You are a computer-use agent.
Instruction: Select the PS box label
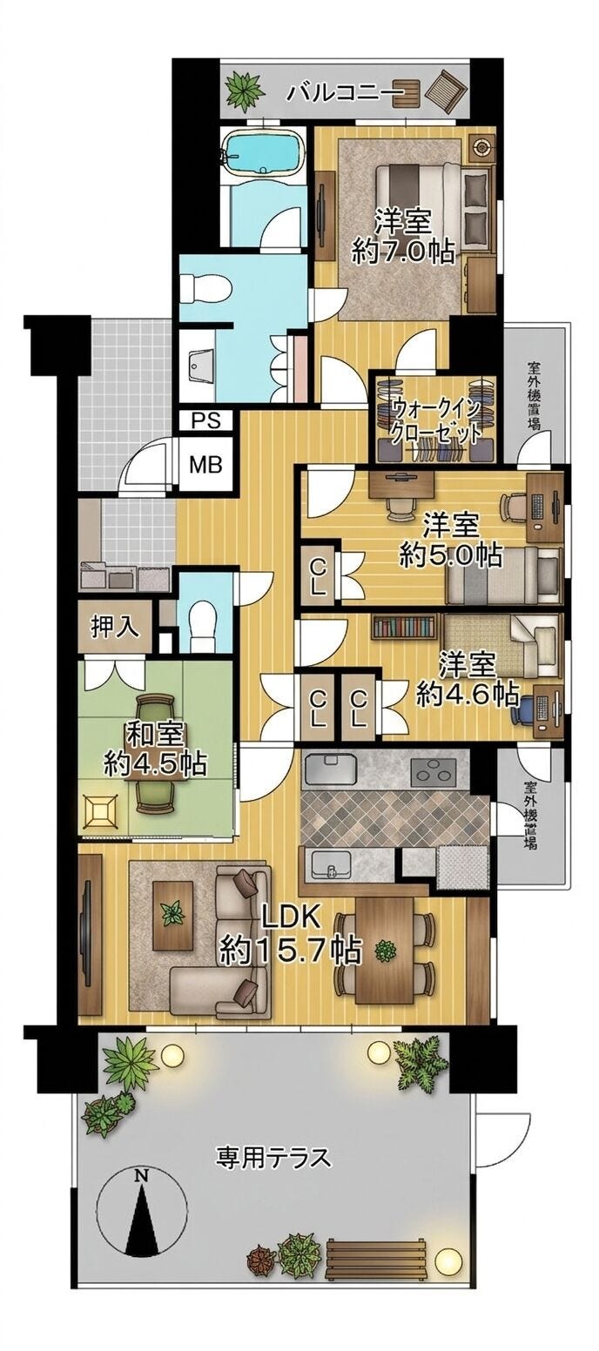tap(206, 420)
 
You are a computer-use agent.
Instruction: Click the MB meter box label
tap(206, 465)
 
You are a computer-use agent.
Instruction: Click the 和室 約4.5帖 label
tap(155, 749)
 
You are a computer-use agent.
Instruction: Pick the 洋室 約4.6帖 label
tap(467, 679)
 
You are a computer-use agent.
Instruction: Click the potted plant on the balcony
tap(245, 91)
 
